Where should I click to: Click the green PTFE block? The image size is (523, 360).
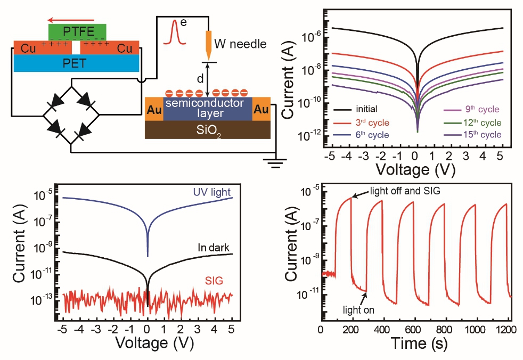[x=77, y=31]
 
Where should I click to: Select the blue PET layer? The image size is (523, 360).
[x=77, y=63]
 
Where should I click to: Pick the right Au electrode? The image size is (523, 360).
[x=261, y=109]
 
